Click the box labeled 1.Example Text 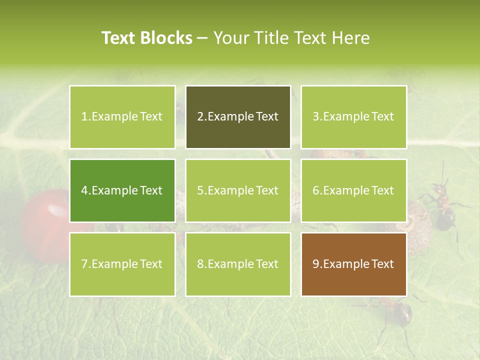122,117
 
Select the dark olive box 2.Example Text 238,117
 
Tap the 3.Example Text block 353,117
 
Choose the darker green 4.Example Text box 122,190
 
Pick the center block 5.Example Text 238,190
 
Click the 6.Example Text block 353,190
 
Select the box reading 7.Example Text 122,264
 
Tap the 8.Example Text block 238,264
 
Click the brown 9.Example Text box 353,264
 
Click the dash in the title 202,38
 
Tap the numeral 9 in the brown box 316,264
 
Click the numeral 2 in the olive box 200,117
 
